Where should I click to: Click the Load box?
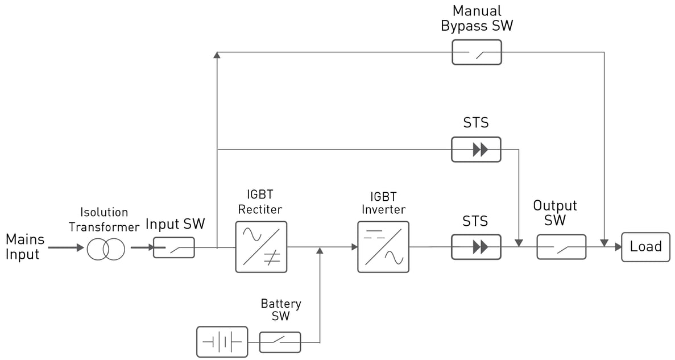click(x=645, y=247)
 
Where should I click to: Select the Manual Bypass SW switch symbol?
click(x=477, y=52)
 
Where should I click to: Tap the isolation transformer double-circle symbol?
click(x=105, y=249)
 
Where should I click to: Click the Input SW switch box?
click(x=174, y=248)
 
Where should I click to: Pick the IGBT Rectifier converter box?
click(x=261, y=247)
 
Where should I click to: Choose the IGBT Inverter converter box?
click(x=383, y=247)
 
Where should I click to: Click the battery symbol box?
click(x=222, y=342)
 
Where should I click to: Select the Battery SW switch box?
click(x=280, y=342)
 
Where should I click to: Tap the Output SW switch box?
click(x=561, y=247)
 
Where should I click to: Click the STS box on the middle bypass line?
click(x=476, y=150)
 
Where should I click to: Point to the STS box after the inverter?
click(x=476, y=247)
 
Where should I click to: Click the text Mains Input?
click(x=24, y=246)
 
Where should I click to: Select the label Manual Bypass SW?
click(x=477, y=19)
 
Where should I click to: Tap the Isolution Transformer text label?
click(x=104, y=220)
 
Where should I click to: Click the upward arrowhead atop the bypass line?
click(x=217, y=55)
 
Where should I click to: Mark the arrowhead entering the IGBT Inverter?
click(x=354, y=247)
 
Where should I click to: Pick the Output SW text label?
click(x=555, y=213)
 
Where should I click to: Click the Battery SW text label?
click(x=281, y=309)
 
